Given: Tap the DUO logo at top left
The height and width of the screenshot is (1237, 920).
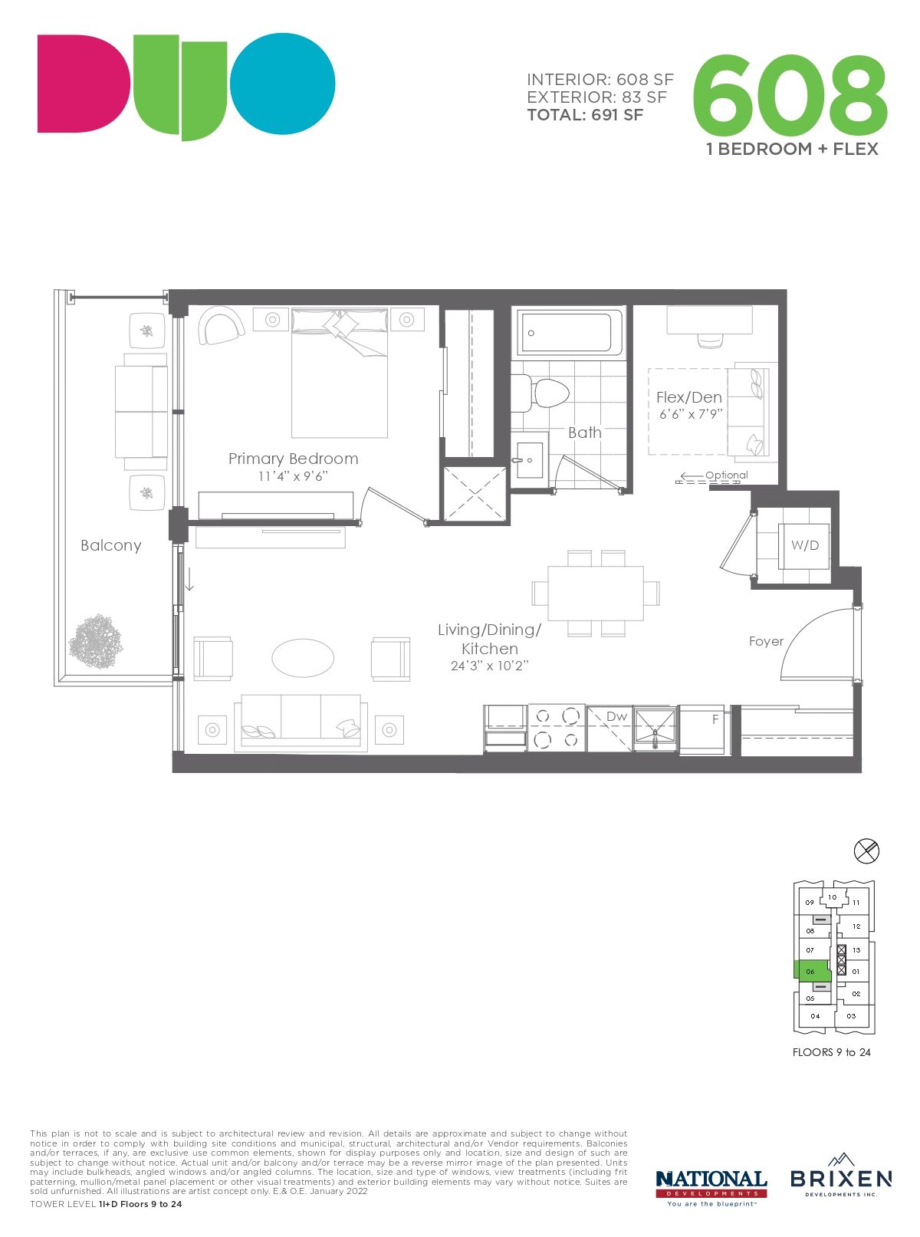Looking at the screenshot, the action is [186, 87].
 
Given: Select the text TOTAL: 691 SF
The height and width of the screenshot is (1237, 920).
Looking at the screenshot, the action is [585, 116].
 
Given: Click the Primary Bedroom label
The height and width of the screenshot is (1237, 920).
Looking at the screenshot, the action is [294, 459].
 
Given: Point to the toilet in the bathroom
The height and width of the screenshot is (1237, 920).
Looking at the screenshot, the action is [540, 392].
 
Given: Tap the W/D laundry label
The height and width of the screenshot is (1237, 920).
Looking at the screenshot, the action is [804, 545].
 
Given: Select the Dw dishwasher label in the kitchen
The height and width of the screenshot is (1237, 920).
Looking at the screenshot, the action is [616, 716].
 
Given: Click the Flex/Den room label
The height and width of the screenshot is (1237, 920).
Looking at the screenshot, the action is [689, 398].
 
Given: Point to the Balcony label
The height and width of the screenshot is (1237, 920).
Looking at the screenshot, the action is [111, 545].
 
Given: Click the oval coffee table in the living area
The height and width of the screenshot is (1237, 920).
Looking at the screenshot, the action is [303, 658].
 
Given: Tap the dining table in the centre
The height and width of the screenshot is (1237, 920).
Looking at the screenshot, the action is [596, 593].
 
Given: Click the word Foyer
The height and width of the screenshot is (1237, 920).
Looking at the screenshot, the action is [766, 641].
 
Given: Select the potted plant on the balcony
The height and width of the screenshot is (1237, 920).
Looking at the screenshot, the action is [95, 640].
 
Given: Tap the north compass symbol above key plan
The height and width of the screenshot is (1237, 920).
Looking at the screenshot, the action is [866, 851].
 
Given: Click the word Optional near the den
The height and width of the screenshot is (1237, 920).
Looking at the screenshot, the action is [727, 475].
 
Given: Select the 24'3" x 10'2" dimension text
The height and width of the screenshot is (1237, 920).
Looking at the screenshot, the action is [490, 666].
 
